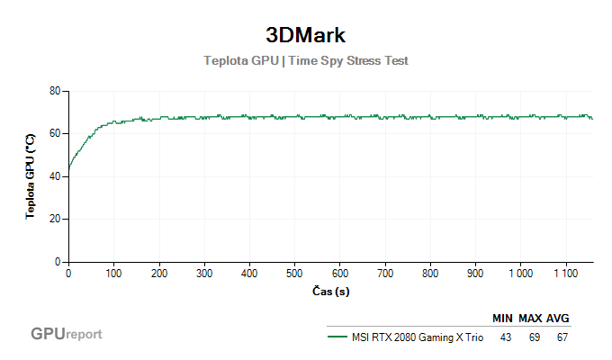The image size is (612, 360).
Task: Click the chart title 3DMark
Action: (x=306, y=35)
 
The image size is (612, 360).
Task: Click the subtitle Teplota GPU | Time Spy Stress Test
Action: (x=306, y=61)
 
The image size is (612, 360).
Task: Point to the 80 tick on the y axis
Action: (x=54, y=91)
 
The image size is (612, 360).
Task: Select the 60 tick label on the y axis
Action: (x=54, y=133)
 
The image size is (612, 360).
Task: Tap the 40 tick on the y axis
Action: (x=54, y=176)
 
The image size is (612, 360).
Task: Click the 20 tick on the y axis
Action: (x=54, y=219)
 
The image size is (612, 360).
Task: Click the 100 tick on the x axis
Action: (x=113, y=273)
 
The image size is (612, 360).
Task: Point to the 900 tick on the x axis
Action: (x=475, y=273)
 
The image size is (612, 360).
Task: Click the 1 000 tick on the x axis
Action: (x=520, y=273)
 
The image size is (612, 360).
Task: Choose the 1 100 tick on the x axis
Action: (x=565, y=273)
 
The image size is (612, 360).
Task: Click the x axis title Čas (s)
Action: (x=329, y=292)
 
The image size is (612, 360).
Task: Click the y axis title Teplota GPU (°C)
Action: (x=30, y=176)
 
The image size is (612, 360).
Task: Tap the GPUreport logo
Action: (x=67, y=334)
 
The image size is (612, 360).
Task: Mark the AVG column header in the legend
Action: (x=558, y=319)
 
